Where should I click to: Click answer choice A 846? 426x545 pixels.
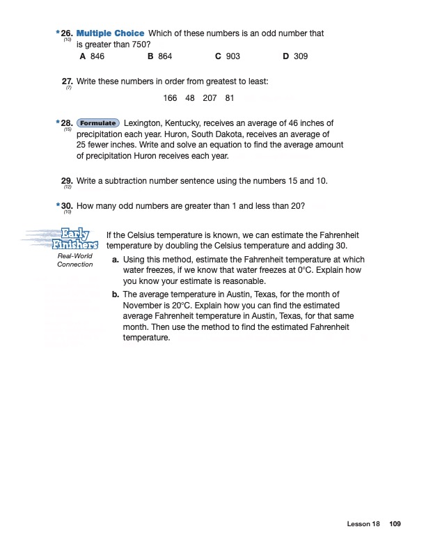click(93, 56)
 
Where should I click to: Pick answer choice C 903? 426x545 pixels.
click(228, 56)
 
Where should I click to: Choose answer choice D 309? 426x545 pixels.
click(295, 56)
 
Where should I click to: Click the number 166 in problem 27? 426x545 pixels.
click(171, 98)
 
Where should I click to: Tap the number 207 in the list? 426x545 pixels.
click(210, 98)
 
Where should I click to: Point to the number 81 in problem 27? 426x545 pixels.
click(230, 98)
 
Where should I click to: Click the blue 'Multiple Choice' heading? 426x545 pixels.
click(111, 33)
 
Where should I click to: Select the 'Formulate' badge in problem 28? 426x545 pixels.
click(97, 123)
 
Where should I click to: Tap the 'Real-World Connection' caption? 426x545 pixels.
click(74, 260)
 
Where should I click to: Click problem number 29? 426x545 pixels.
click(68, 181)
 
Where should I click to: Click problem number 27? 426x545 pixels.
click(68, 81)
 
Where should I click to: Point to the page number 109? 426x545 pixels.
click(395, 523)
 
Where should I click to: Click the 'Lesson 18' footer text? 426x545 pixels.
click(362, 523)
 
